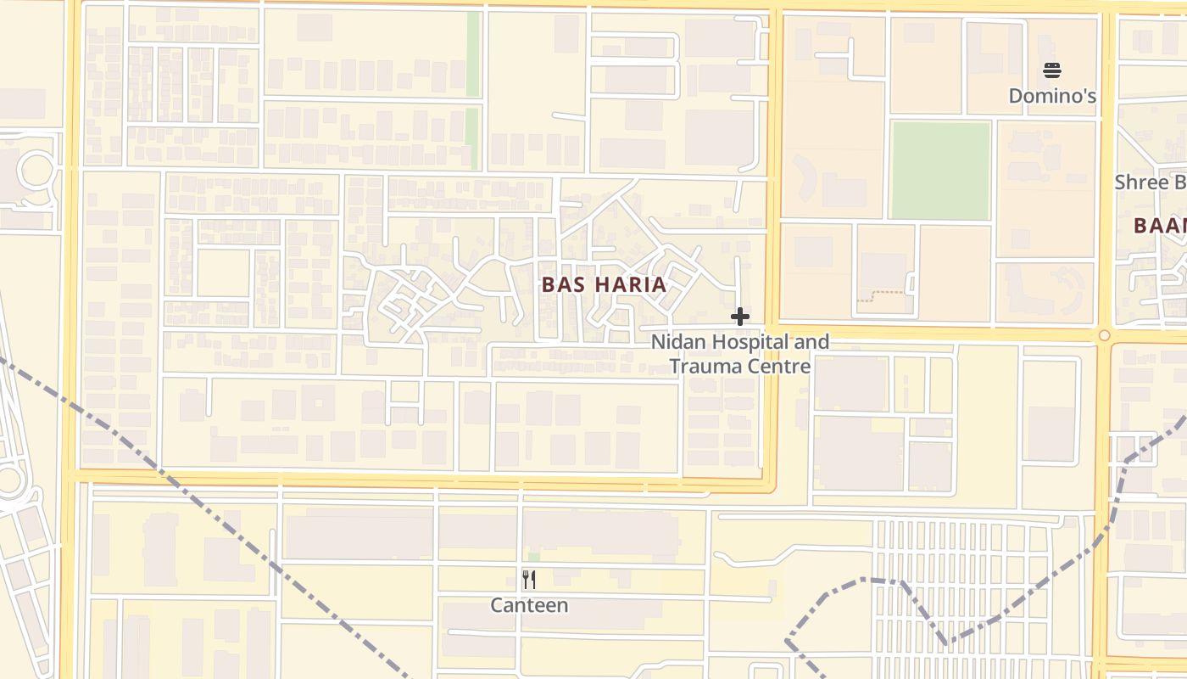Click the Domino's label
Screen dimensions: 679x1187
coord(1051,96)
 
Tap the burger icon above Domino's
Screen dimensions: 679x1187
coord(1051,70)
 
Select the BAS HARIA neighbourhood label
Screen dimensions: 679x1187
coord(604,285)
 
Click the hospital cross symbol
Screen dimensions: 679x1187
coord(739,317)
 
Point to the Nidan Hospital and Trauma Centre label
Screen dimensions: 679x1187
coord(739,354)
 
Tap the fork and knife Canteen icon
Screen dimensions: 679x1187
coord(529,580)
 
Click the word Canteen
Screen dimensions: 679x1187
coord(529,605)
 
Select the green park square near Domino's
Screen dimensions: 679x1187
coord(940,170)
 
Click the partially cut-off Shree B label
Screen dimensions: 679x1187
coord(1151,182)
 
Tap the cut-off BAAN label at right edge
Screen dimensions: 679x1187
coord(1160,226)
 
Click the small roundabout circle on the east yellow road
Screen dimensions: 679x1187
coord(1104,336)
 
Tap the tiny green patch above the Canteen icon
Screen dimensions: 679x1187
coord(533,557)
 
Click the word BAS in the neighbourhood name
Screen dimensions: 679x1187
coord(563,285)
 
